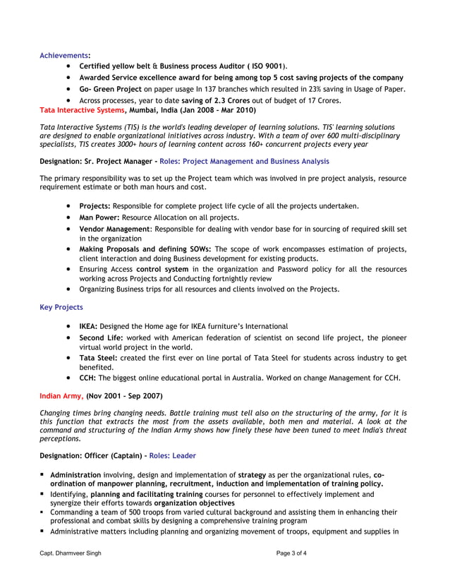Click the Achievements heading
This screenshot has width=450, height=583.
pos(63,54)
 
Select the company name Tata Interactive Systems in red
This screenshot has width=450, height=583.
pos(82,111)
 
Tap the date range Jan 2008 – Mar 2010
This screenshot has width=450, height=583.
pos(214,111)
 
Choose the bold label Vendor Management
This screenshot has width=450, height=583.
pos(114,229)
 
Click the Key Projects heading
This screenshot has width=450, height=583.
pos(61,307)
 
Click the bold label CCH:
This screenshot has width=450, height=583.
pos(89,378)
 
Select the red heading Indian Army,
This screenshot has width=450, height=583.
pos(61,397)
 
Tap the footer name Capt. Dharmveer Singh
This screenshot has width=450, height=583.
pos(70,553)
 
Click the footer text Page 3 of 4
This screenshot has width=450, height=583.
pos(291,553)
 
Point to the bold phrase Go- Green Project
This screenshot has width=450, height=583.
pos(111,89)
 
